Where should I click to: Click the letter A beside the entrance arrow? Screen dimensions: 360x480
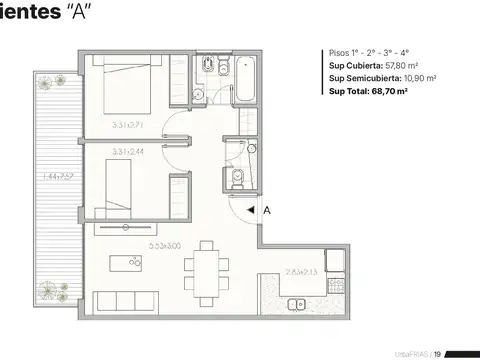pos(267,211)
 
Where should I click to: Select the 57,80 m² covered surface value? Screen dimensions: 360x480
pos(394,65)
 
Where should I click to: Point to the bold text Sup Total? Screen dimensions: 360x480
pos(348,91)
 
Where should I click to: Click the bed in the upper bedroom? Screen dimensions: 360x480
pos(133,90)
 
